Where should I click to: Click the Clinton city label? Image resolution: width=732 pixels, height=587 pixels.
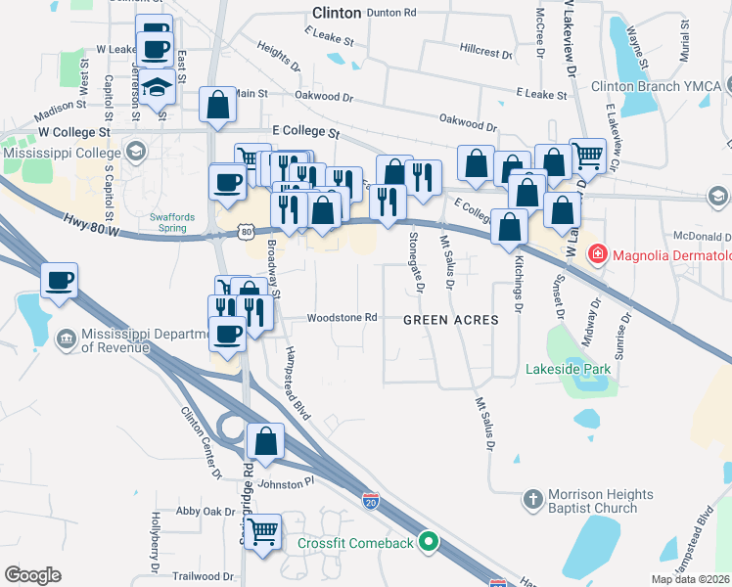[337, 13]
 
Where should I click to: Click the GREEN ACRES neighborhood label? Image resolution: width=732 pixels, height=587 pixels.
[451, 320]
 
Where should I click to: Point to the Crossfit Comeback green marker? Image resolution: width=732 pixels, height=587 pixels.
[428, 541]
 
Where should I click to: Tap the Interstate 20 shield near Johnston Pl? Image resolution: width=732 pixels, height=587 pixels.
[372, 499]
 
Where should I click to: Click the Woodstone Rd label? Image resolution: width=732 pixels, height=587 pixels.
[342, 318]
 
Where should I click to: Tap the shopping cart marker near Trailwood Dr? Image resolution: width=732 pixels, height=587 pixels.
[262, 532]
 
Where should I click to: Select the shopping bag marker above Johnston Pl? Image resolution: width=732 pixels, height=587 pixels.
[265, 441]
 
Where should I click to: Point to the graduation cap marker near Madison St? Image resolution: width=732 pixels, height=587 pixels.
[157, 87]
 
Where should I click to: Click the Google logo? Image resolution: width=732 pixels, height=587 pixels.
[32, 575]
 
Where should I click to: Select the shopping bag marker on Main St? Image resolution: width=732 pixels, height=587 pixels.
[217, 105]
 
